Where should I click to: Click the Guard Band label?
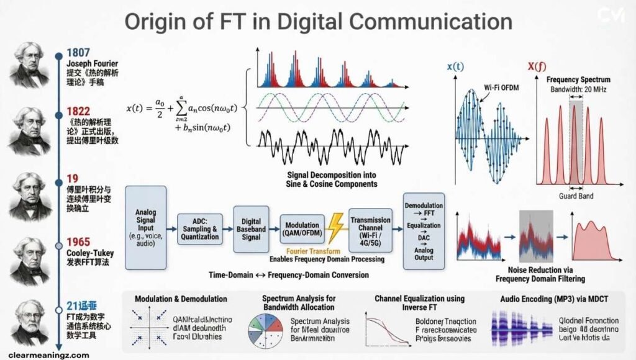click(578, 196)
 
